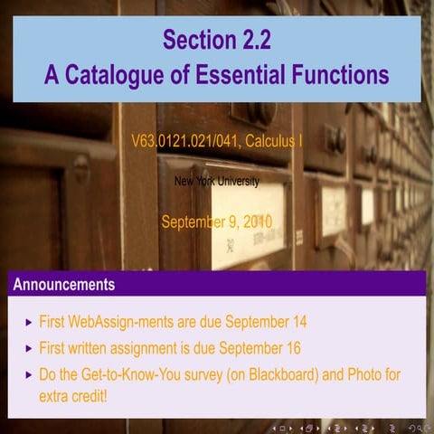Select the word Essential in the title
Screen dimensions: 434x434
[x=243, y=73]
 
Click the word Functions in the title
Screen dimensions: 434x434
[x=342, y=73]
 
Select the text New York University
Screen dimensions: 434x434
[x=216, y=182]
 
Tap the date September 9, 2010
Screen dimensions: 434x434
[x=216, y=221]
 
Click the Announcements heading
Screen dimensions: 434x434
[x=64, y=285]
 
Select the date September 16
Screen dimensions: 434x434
[x=259, y=348]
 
